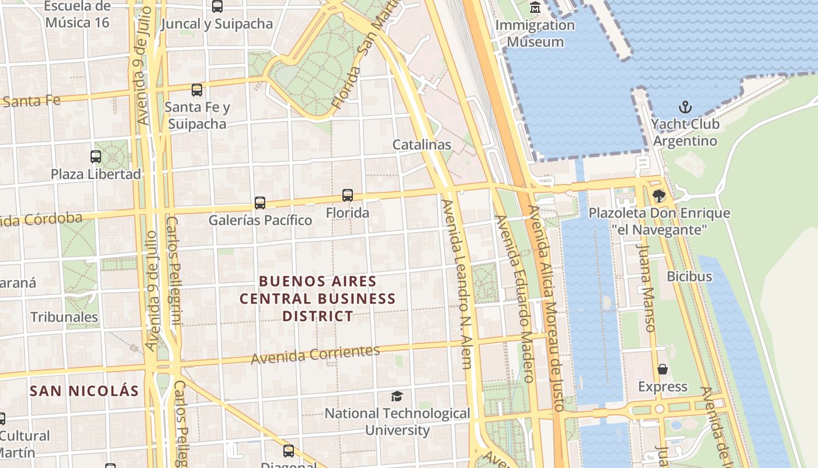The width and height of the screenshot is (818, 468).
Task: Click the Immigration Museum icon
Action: click(x=535, y=8)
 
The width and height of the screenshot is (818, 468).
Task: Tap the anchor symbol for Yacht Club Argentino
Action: click(x=685, y=107)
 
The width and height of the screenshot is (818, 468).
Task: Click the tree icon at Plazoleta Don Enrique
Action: click(x=659, y=195)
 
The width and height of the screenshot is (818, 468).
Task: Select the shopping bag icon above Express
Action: click(x=663, y=369)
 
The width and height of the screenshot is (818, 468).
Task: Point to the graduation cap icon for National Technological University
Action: click(x=397, y=396)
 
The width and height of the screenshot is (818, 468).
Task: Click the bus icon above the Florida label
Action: click(x=348, y=195)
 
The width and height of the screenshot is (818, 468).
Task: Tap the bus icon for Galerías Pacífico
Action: click(x=260, y=203)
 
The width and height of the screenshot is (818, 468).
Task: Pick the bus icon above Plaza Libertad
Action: click(x=96, y=157)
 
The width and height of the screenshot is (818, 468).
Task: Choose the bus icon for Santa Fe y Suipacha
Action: click(x=197, y=90)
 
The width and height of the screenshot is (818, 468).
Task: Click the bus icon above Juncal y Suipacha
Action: click(x=217, y=6)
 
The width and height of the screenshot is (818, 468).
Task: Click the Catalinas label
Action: click(x=422, y=144)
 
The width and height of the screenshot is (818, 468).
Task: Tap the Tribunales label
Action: click(x=64, y=317)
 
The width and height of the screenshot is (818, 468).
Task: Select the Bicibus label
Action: click(x=689, y=276)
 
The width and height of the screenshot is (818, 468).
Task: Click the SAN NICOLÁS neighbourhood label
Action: click(x=85, y=391)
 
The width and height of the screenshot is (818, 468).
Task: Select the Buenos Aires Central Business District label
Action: click(x=318, y=298)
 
